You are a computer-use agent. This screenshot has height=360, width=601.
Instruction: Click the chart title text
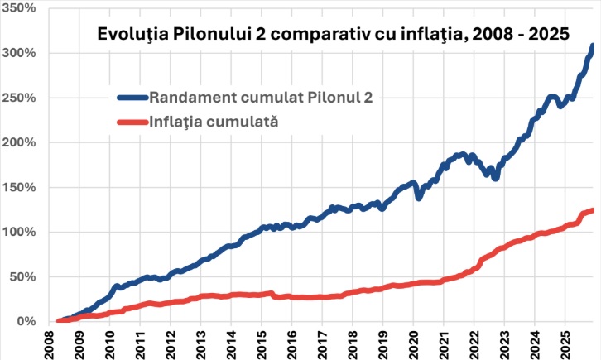[333, 34]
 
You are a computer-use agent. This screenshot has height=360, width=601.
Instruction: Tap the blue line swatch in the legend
[131, 97]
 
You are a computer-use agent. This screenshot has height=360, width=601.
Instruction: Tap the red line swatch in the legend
[131, 122]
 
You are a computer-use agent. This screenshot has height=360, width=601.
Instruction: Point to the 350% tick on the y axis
[20, 7]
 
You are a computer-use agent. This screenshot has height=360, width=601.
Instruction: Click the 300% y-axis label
[20, 53]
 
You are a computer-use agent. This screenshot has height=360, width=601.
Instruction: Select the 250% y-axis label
[20, 98]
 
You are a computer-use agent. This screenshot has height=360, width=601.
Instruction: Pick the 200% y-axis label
[20, 142]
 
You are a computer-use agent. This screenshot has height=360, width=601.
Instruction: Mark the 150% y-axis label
[20, 187]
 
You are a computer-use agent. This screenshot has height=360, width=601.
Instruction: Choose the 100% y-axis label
[20, 232]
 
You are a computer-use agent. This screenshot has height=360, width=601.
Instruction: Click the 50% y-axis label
[23, 276]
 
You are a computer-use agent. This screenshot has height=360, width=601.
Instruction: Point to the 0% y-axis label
[26, 321]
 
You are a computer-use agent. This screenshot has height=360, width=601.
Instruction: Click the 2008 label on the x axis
[49, 343]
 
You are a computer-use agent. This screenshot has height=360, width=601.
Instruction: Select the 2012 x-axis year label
[171, 343]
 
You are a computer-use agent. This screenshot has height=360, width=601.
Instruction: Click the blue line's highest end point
[593, 46]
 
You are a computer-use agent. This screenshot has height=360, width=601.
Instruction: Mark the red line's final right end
[593, 209]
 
